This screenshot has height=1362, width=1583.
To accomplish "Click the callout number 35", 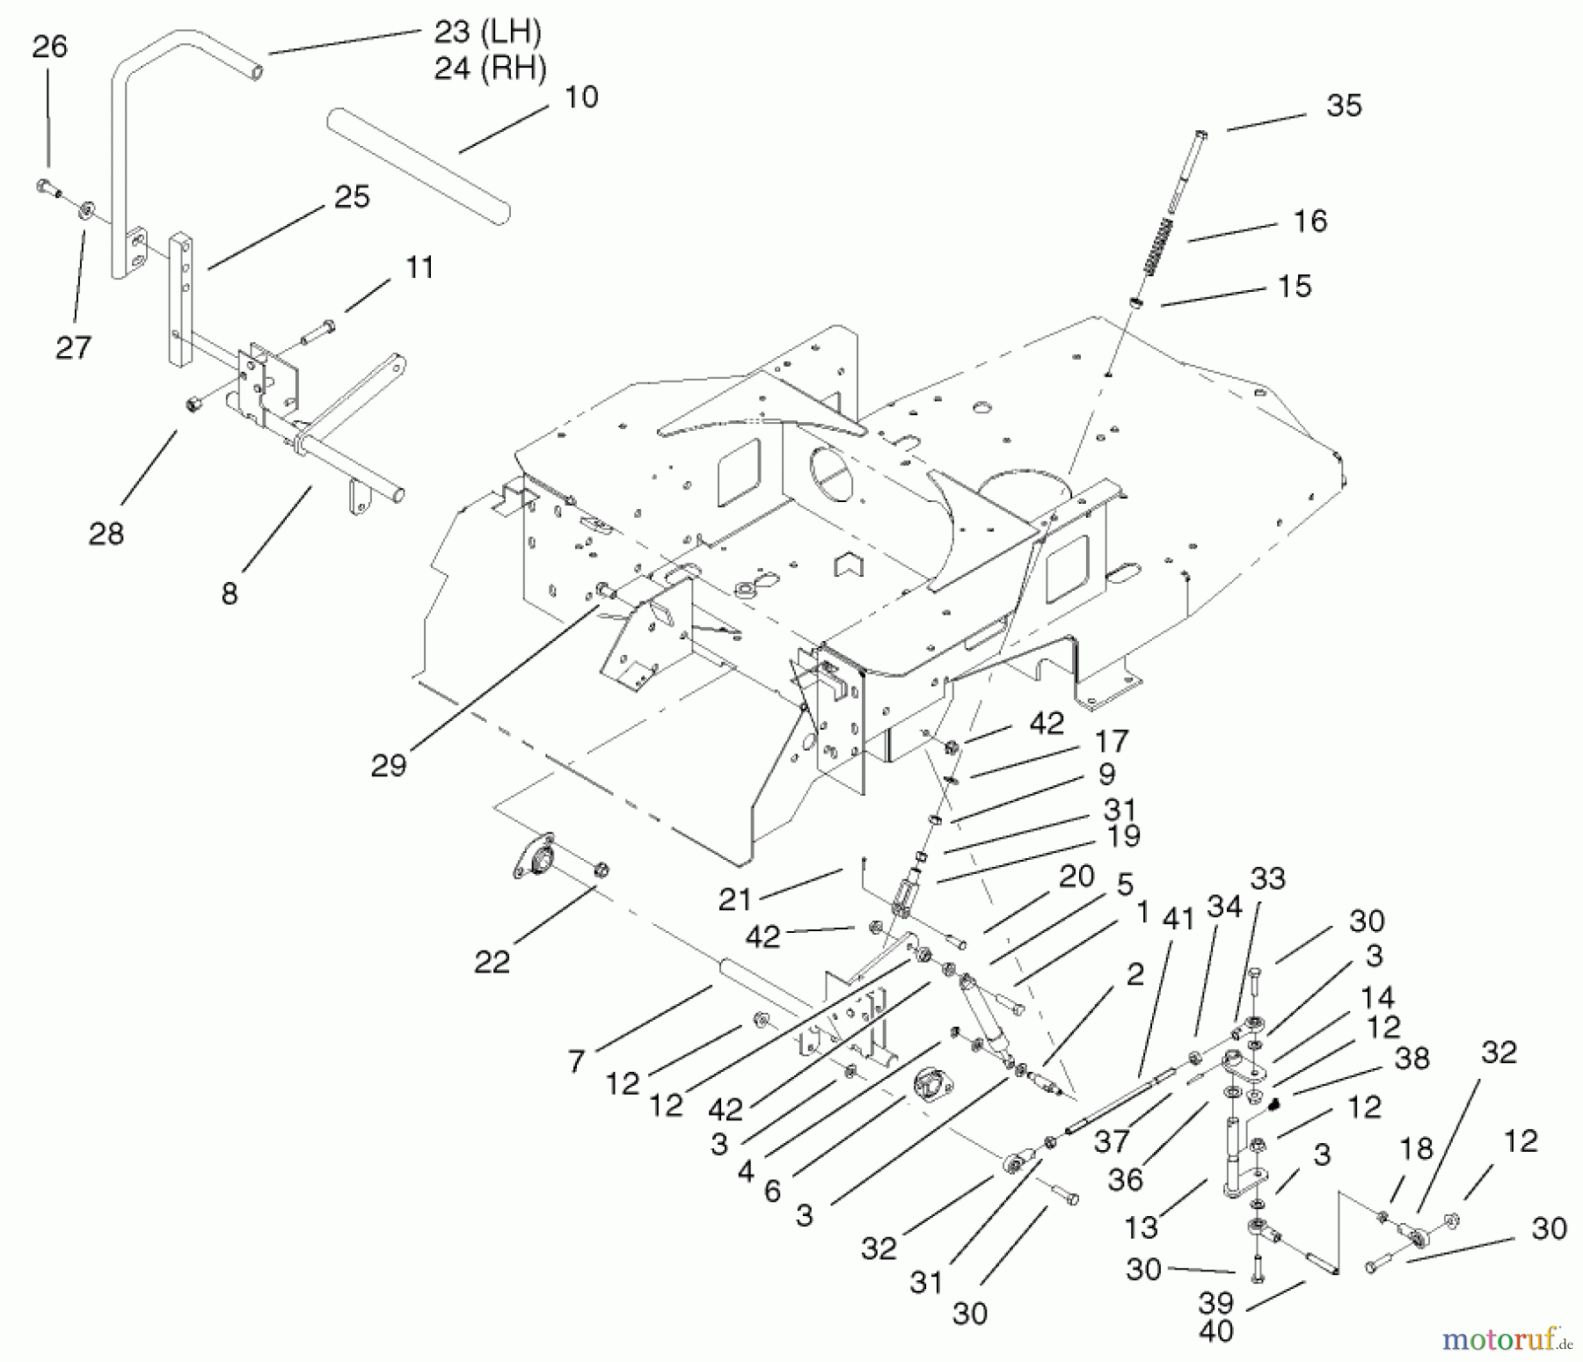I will (1344, 106).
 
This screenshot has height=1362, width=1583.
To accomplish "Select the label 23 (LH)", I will (487, 33).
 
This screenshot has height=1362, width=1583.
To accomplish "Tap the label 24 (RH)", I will (490, 68).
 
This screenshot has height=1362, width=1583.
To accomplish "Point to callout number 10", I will (580, 97).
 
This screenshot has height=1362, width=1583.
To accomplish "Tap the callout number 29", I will (388, 765).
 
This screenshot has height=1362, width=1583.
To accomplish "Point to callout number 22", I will (492, 961).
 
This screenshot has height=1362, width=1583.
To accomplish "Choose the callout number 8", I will (230, 594).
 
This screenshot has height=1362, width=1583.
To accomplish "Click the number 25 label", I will (352, 196).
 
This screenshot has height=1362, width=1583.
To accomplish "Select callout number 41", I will (1178, 919).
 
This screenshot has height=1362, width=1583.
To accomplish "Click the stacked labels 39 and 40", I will (1216, 1316).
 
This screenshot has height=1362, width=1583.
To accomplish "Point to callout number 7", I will (576, 1061).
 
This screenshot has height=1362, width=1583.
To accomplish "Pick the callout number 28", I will (106, 533).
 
